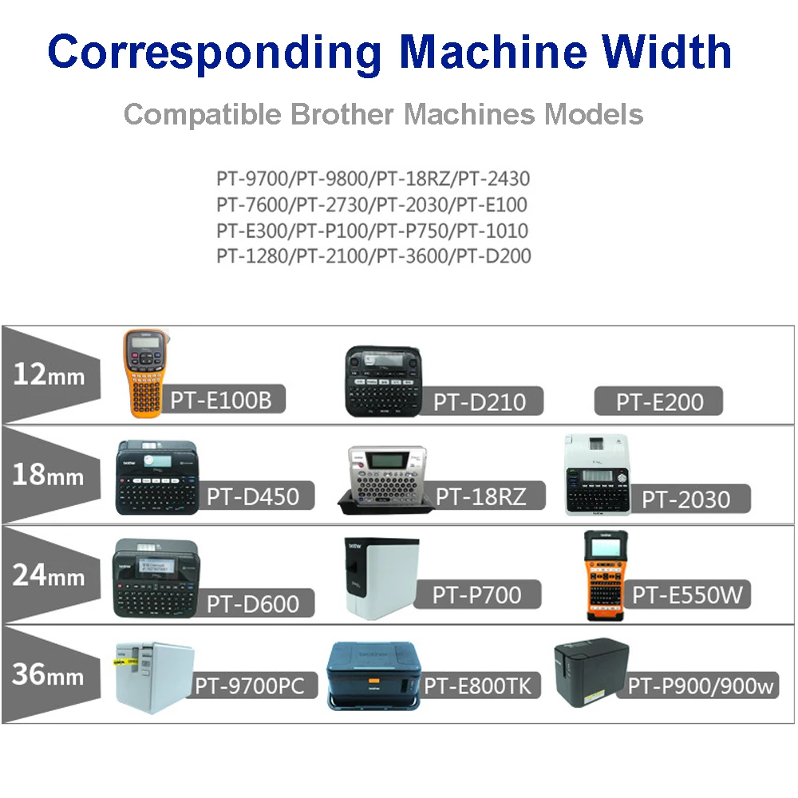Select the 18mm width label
pyautogui.click(x=49, y=475)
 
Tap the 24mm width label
pyautogui.click(x=49, y=575)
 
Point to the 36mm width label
pyautogui.click(x=49, y=675)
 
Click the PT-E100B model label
pyautogui.click(x=227, y=399)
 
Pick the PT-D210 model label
pyautogui.click(x=480, y=401)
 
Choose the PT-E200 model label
pyautogui.click(x=658, y=401)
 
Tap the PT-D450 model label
pyautogui.click(x=253, y=496)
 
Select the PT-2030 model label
pyautogui.click(x=686, y=499)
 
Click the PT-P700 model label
pyautogui.click(x=476, y=594)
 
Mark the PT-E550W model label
pyautogui.click(x=692, y=594)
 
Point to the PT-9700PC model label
pyautogui.click(x=250, y=685)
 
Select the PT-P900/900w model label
pyautogui.click(x=701, y=685)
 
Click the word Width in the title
pyautogui.click(x=668, y=52)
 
